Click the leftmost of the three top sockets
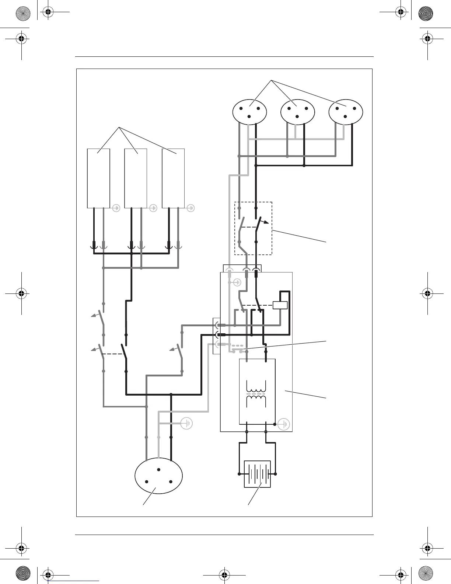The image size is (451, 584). [x=249, y=112]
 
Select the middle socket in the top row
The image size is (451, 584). [x=297, y=112]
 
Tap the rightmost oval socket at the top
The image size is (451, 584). [x=346, y=112]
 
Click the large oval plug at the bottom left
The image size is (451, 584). [x=159, y=478]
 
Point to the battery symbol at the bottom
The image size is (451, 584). [x=257, y=474]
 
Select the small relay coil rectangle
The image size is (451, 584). [x=280, y=305]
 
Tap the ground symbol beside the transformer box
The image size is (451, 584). [x=284, y=424]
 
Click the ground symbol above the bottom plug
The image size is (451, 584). [x=187, y=424]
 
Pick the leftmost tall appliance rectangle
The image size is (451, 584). [x=98, y=178]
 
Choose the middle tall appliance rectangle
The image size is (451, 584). [x=136, y=178]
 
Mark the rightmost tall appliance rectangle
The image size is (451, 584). [x=173, y=178]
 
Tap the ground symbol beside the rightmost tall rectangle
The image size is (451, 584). [x=191, y=208]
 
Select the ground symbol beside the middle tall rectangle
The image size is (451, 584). [x=153, y=208]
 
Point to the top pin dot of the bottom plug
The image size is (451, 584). [x=159, y=469]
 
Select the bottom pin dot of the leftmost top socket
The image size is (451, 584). [x=249, y=117]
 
